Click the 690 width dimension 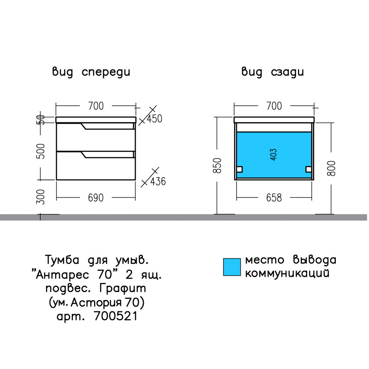pyautogui.click(x=96, y=198)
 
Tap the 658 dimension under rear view pyautogui.click(x=274, y=198)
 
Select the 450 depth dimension pyautogui.click(x=155, y=119)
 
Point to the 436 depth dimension pyautogui.click(x=158, y=181)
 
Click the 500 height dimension pyautogui.click(x=41, y=151)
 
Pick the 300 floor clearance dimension pyautogui.click(x=41, y=197)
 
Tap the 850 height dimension pyautogui.click(x=217, y=166)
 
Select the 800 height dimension pyautogui.click(x=331, y=168)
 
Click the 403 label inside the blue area pyautogui.click(x=274, y=155)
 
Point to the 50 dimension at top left pyautogui.click(x=41, y=119)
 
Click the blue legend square pyautogui.click(x=232, y=267)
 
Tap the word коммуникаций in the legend pyautogui.click(x=287, y=274)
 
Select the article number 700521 pyautogui.click(x=116, y=316)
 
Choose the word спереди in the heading pyautogui.click(x=106, y=72)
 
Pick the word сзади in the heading pyautogui.click(x=287, y=72)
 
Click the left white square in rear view pyautogui.click(x=239, y=169)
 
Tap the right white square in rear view pyautogui.click(x=309, y=169)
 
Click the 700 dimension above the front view pyautogui.click(x=96, y=106)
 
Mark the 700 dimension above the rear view pyautogui.click(x=274, y=106)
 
